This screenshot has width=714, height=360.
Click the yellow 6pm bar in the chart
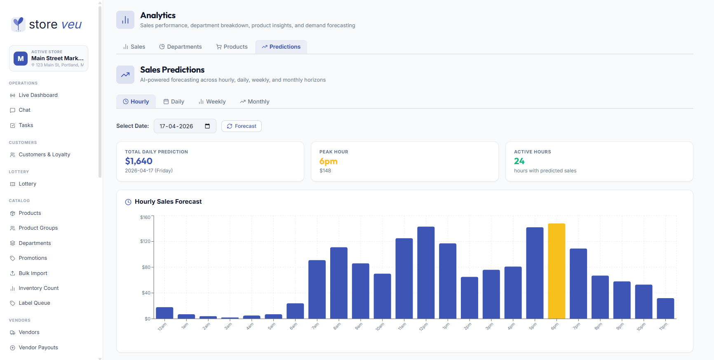557,271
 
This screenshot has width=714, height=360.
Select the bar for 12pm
426,273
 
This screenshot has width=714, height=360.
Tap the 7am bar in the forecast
317,289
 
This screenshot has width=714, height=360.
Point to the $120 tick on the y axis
146,241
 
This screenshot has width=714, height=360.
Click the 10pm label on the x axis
641,327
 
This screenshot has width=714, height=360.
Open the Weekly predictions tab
212,101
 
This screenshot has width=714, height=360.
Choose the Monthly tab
255,101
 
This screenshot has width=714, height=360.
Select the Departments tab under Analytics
181,47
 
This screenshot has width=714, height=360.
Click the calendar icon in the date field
207,126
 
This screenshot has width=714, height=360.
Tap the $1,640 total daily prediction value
139,161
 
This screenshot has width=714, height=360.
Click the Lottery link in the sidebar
27,184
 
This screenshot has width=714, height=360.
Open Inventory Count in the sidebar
38,288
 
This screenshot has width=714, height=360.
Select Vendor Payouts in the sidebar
38,348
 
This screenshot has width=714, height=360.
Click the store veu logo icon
18,24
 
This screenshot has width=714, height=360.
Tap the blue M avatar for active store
21,59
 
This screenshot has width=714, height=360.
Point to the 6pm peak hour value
329,161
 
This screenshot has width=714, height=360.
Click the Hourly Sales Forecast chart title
168,202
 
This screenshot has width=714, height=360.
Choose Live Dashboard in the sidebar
38,95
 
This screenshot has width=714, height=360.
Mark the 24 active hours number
519,161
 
